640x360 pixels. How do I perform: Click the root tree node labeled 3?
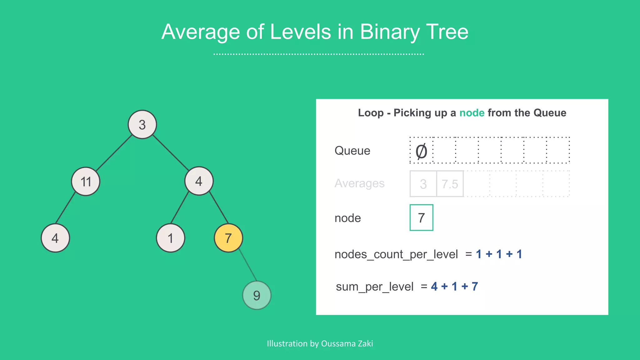pos(142,124)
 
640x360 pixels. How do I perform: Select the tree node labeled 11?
pos(86,181)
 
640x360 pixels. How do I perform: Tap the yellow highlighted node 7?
pos(228,238)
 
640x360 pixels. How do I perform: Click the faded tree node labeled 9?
pos(257,295)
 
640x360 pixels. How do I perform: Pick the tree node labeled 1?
pos(171,238)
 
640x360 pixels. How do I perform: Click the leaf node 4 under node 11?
pos(55,238)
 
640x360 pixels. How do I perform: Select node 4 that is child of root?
pos(199,181)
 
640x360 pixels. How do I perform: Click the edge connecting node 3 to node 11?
pos(114,153)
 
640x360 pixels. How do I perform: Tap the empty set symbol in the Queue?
pos(421,151)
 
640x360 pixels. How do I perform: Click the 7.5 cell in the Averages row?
pos(450,184)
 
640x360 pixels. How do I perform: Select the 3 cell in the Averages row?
pos(423,184)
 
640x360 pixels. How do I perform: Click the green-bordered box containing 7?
pos(421,218)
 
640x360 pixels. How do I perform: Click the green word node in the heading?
pos(472,112)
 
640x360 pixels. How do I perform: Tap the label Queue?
pos(352,151)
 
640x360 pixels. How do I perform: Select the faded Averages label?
pos(359,183)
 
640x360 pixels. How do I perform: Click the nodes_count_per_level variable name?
pos(396,254)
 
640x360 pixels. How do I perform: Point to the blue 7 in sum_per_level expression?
pos(475,286)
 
